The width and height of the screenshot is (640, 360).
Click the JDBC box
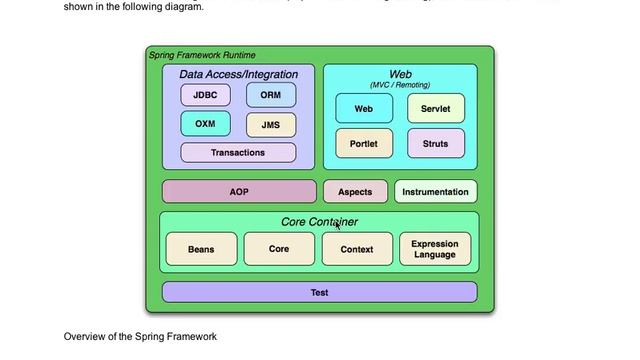(x=205, y=95)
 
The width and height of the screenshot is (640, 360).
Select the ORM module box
(x=270, y=95)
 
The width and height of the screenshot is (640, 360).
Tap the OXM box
(x=205, y=124)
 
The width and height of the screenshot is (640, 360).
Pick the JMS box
(x=270, y=125)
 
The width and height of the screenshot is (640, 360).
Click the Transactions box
(x=238, y=153)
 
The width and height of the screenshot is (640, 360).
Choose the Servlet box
(x=435, y=108)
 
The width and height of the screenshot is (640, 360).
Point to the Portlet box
(x=364, y=143)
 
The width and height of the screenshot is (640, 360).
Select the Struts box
(x=435, y=143)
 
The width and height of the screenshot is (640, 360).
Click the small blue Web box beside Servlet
(x=364, y=108)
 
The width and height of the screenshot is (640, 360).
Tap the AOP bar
(x=239, y=191)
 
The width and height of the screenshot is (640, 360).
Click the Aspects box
(x=355, y=191)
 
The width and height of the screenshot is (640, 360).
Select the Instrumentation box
(x=435, y=191)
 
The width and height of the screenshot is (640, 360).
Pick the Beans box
(x=201, y=249)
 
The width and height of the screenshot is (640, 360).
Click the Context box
(x=357, y=249)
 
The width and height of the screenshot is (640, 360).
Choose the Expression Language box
(x=435, y=249)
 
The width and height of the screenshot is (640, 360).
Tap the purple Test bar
(x=319, y=292)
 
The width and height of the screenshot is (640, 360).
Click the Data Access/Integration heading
(x=238, y=74)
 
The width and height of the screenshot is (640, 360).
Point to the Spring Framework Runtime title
(x=201, y=54)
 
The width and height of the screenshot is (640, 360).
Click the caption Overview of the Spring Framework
(x=140, y=336)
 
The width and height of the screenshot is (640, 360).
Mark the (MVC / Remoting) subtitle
(x=400, y=85)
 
